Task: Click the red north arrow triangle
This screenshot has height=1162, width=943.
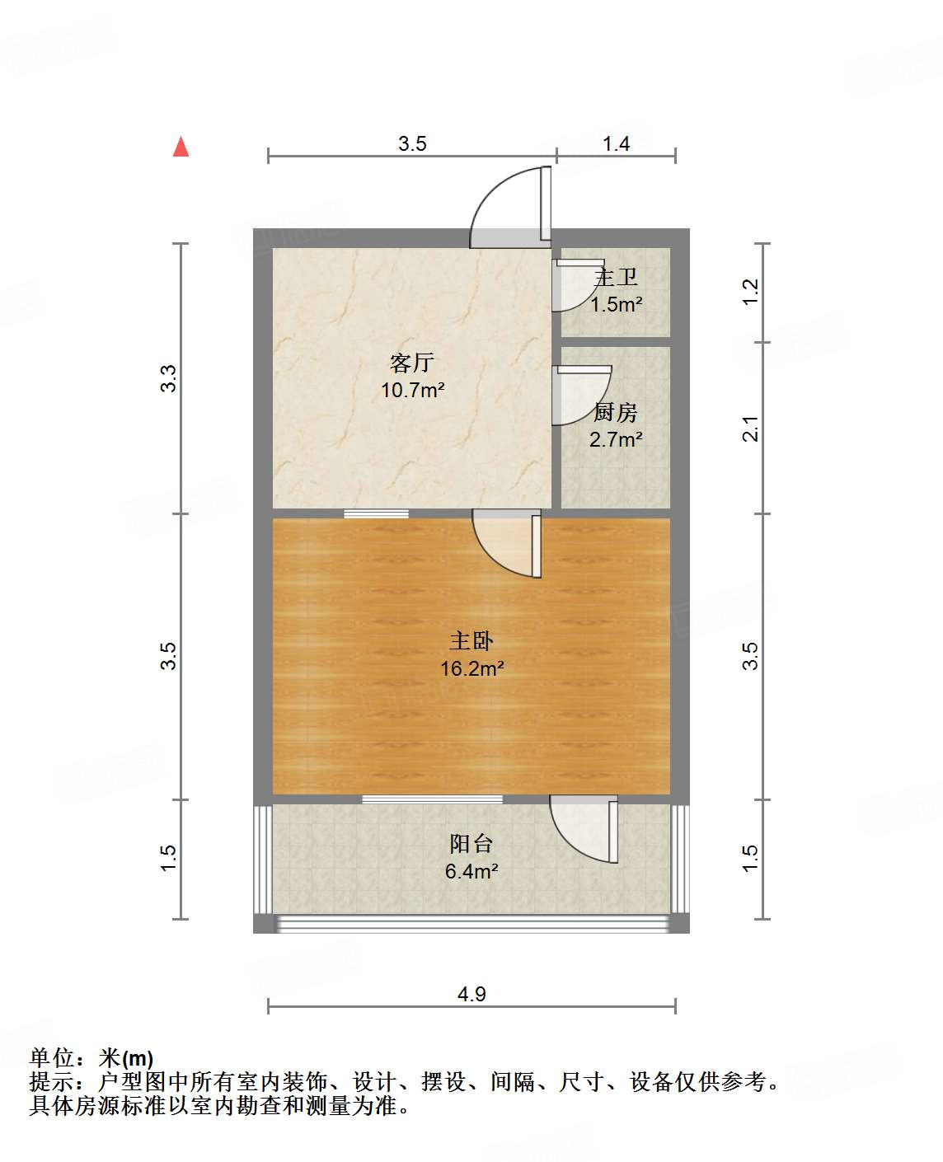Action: pos(181,147)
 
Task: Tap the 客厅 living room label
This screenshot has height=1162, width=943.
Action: pos(412,363)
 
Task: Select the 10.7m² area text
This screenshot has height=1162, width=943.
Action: pos(412,390)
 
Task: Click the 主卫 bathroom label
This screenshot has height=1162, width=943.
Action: pos(616,278)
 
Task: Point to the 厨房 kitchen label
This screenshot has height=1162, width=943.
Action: pos(616,412)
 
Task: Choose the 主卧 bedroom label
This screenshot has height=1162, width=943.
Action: pos(471,640)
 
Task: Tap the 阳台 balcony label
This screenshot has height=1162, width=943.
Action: pos(471,843)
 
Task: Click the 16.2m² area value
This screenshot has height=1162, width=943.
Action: pos(471,668)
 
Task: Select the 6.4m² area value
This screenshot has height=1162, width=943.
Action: pos(471,871)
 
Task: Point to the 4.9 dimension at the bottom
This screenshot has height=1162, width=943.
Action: pos(471,994)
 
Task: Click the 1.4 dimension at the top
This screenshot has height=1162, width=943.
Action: pos(616,144)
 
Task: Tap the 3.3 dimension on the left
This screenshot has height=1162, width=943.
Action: pos(168,378)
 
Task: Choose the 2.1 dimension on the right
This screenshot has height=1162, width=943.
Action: pos(750,429)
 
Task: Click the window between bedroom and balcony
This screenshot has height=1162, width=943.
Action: pos(432,799)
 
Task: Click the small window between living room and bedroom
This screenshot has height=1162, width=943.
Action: pos(376,513)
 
